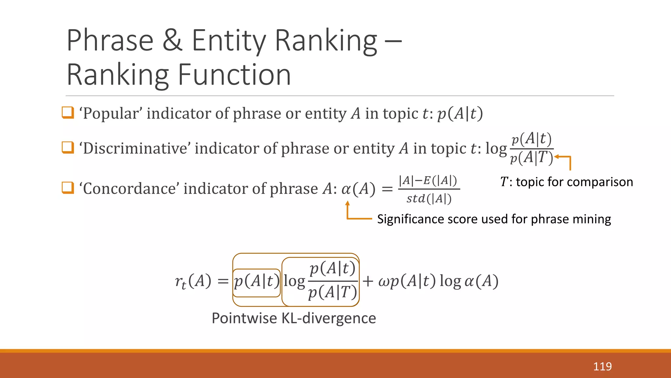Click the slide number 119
coord(602,367)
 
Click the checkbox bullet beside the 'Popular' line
coord(68,113)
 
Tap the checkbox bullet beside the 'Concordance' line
coord(68,188)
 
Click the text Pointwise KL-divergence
coord(294,318)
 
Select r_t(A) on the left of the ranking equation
coord(193,282)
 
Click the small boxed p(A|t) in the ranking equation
coord(257,282)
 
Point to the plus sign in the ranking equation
coord(368,282)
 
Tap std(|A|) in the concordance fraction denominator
coord(429,199)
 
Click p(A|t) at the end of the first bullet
coord(460,114)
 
